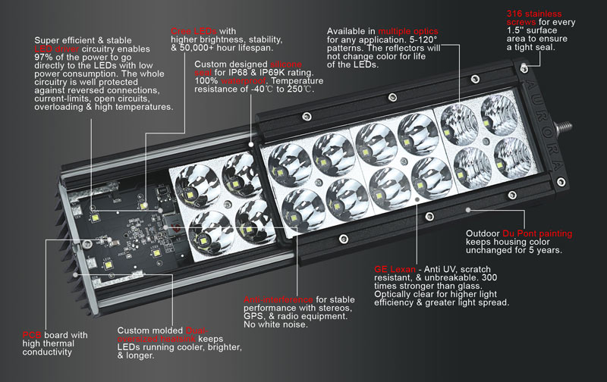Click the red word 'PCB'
point(33,334)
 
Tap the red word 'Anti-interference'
point(277,299)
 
